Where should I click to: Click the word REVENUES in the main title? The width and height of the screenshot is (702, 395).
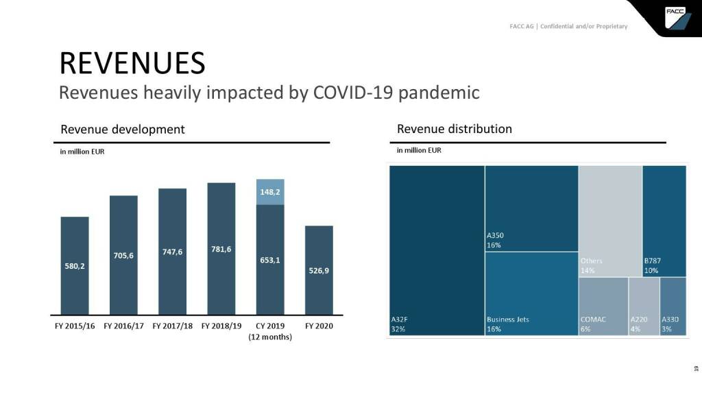[x=132, y=63]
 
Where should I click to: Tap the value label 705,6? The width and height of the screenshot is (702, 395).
[x=123, y=256]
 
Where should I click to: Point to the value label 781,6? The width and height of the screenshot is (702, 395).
[x=221, y=248]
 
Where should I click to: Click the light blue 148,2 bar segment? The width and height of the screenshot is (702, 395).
[x=270, y=192]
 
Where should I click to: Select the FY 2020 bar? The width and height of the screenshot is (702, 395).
[x=319, y=270]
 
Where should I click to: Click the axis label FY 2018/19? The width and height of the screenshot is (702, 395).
[x=221, y=326]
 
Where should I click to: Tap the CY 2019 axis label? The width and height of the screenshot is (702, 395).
[x=270, y=326]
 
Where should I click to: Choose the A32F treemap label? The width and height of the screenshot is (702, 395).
[x=400, y=320]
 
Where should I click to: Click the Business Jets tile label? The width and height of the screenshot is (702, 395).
[x=507, y=320]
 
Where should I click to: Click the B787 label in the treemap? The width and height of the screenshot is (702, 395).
[x=652, y=261]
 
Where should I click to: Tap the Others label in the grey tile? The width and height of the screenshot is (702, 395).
[x=591, y=261]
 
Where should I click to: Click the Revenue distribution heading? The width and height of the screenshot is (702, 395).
[x=454, y=129]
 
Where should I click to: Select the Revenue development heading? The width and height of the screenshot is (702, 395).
[x=123, y=130]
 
